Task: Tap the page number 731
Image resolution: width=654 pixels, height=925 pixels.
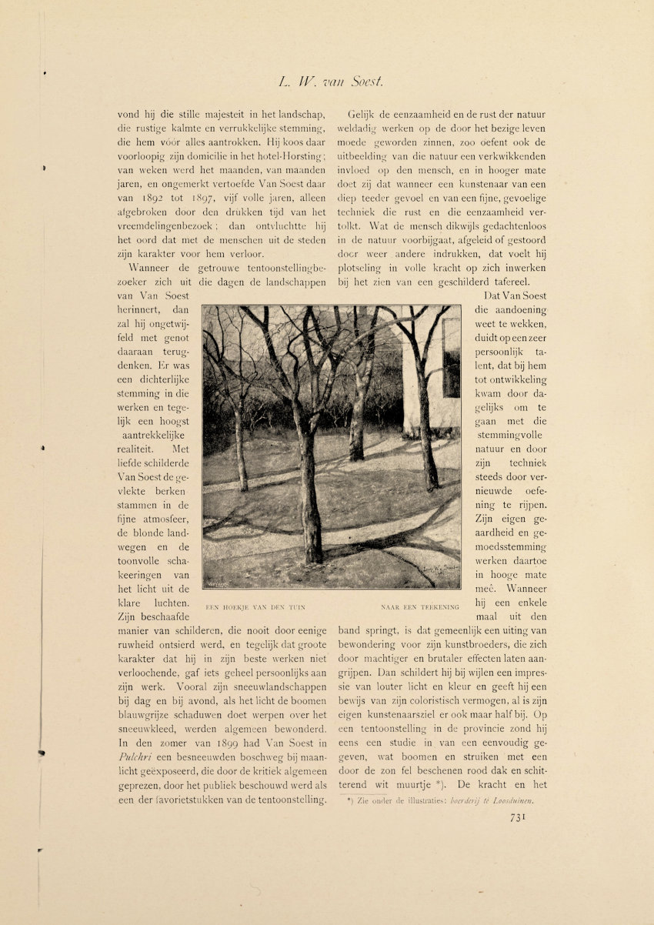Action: coord(518,818)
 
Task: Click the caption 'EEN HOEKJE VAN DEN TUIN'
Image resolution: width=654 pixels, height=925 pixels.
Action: coord(256,608)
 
